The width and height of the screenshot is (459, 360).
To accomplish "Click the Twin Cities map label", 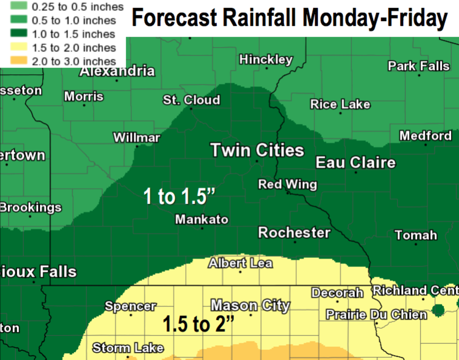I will coord(257,150).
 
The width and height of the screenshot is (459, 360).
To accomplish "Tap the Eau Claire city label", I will coord(355,162).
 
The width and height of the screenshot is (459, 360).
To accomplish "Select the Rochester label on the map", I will coord(294,232).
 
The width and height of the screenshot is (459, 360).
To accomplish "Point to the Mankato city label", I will coord(202,219).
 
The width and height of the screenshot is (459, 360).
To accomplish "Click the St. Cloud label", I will coord(191,100).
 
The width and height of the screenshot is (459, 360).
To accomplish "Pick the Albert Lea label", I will coord(240,263).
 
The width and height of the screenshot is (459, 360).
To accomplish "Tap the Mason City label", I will coord(251,305).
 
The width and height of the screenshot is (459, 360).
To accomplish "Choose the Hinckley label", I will coord(266,60).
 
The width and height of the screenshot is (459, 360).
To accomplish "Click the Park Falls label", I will coord(419,66).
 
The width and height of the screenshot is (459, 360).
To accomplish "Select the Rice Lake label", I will coord(340,104).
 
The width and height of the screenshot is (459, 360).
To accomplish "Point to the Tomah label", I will coord(416,235).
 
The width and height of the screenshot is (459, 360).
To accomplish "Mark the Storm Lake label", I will coord(128,348).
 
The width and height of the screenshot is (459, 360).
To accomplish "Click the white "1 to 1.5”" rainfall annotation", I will coord(180,196).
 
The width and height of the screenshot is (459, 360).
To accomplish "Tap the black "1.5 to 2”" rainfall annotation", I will coord(198,324).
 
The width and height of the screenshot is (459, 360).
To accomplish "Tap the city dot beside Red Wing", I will coord(288,193).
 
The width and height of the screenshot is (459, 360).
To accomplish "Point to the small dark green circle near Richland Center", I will coord(438,309).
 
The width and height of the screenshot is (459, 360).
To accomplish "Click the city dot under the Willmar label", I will coord(137,146).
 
